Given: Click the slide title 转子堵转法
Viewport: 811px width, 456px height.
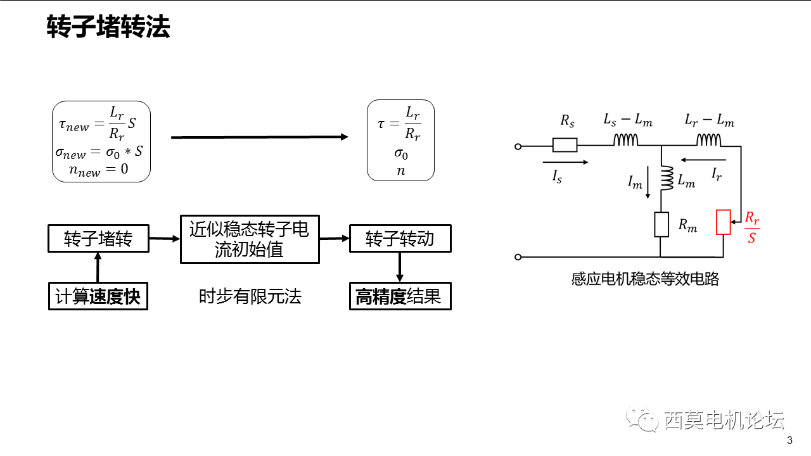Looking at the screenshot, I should [108, 28].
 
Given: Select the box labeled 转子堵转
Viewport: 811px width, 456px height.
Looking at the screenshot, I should [98, 239].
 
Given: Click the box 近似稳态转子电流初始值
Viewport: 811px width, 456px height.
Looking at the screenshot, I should [249, 239].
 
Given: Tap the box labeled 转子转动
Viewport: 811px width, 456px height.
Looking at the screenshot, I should [400, 239].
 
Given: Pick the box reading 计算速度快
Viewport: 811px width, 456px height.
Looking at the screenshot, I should [98, 296].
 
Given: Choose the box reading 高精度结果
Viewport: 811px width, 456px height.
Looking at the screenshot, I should [400, 296].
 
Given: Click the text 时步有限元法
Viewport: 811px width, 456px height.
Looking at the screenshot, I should [250, 296].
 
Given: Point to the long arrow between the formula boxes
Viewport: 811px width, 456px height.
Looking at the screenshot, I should [260, 137].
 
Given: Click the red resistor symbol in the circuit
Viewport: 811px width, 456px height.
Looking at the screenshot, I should [723, 222].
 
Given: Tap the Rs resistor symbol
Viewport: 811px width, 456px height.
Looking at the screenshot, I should [565, 146].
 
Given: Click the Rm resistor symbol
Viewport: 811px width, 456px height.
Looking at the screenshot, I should [661, 224].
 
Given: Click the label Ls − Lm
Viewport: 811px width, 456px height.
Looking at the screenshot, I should [628, 120].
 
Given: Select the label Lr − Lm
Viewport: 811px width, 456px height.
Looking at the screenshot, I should [709, 120].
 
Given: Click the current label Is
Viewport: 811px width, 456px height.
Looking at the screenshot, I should [557, 178].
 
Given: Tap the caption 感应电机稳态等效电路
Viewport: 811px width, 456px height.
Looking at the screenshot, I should [645, 279].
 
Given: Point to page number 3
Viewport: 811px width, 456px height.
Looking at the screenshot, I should [789, 441].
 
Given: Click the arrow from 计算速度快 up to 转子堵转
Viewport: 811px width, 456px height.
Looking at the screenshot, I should [98, 267].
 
